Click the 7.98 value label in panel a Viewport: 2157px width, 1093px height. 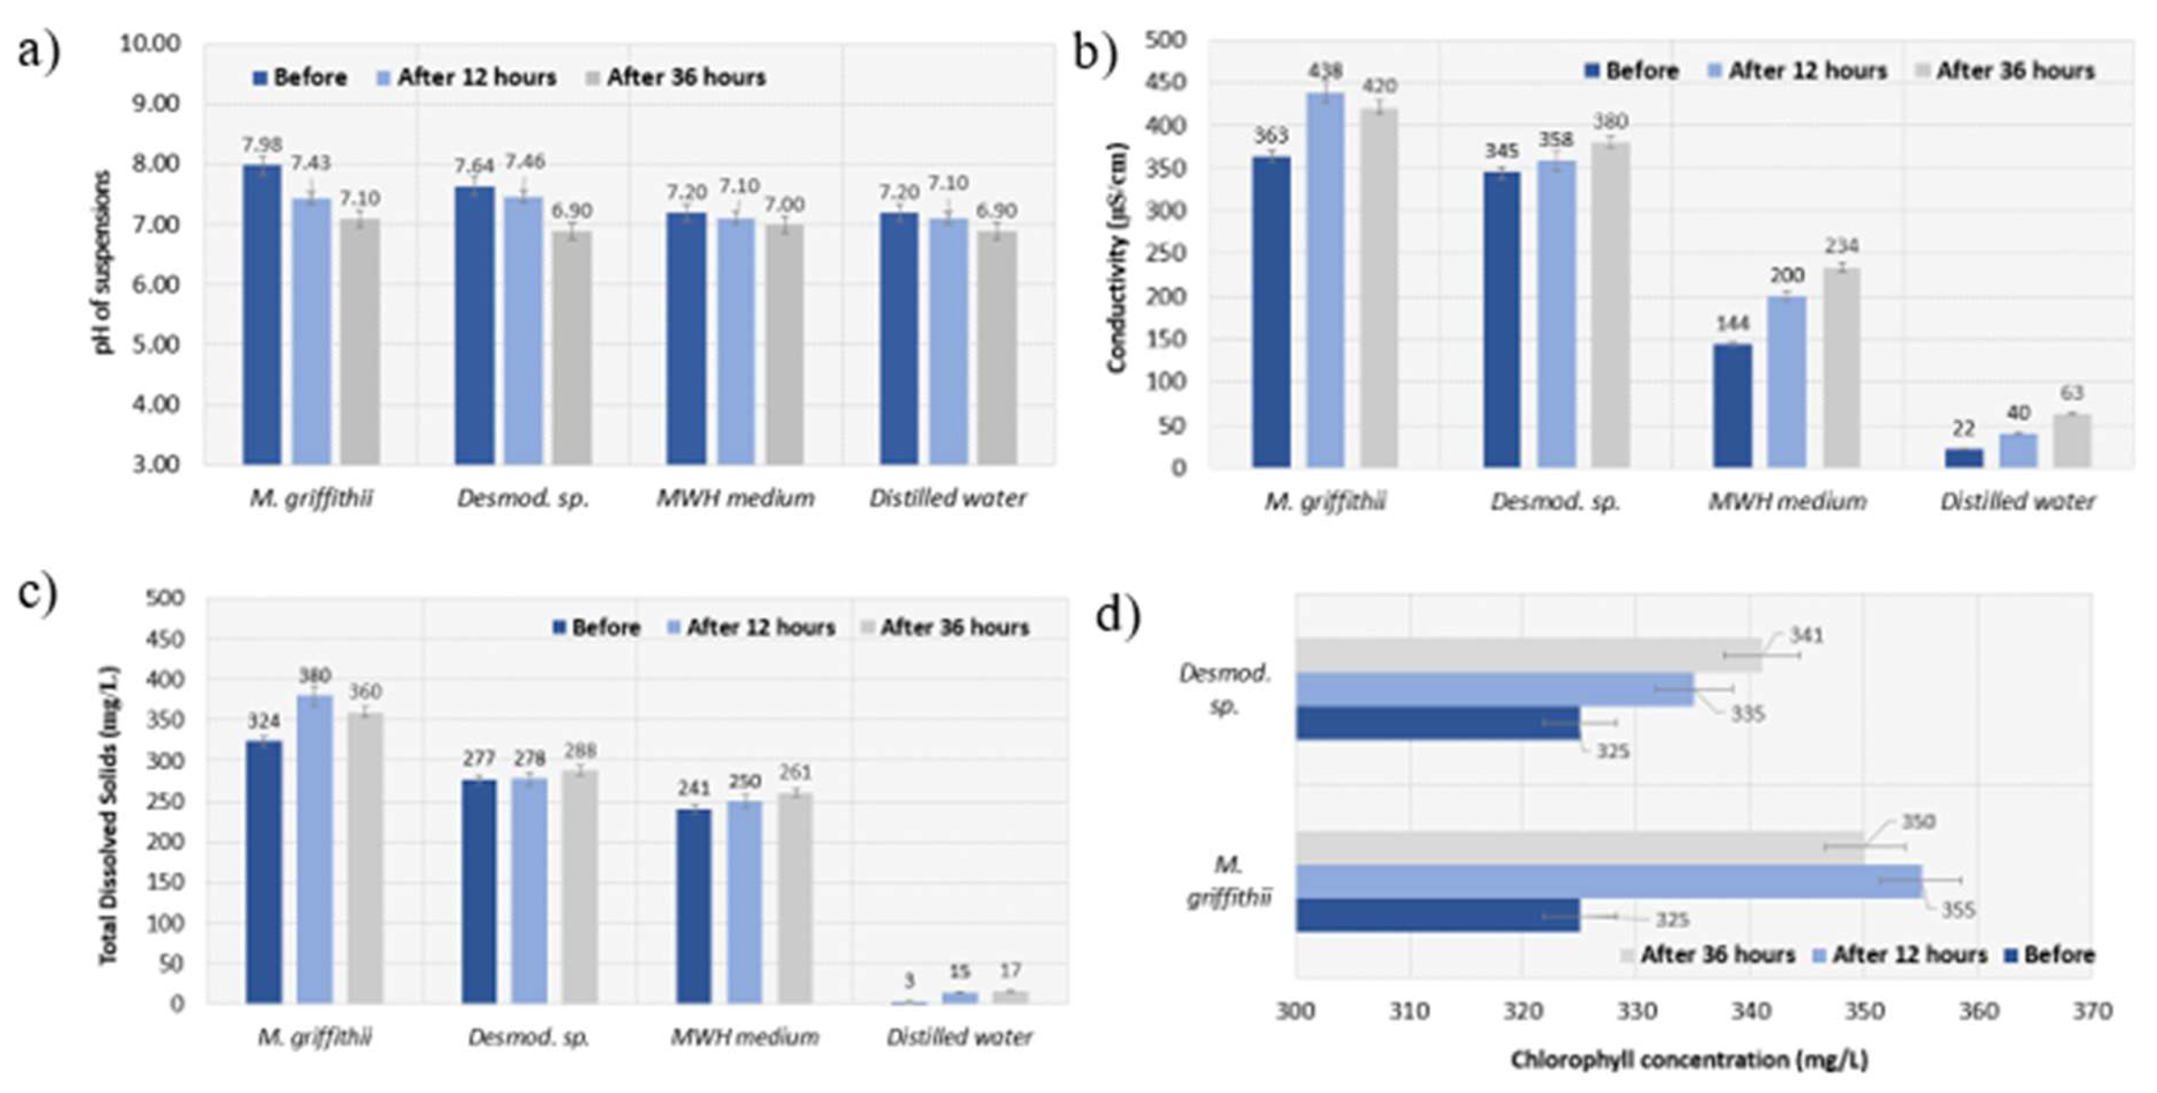pos(262,145)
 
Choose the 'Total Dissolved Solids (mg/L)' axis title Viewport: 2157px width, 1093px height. pos(109,814)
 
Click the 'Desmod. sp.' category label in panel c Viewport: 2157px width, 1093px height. pos(529,1037)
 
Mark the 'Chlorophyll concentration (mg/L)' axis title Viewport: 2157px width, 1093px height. pos(1689,1060)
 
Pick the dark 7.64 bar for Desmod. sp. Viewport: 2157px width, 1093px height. pos(474,325)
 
